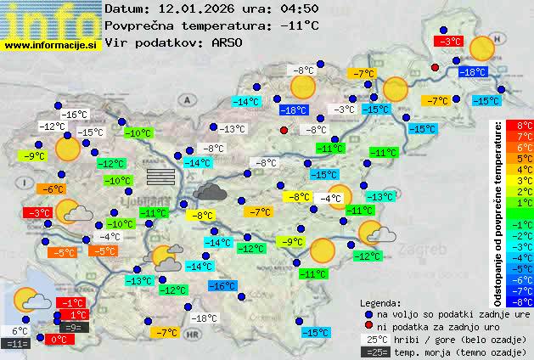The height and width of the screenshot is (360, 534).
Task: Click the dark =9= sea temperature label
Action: [74, 327]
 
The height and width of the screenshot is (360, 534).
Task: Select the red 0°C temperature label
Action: [58, 339]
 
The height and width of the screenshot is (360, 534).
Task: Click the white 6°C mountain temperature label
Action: [19, 331]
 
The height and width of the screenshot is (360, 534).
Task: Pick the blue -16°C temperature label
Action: [223, 286]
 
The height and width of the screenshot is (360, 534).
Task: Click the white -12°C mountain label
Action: [53, 127]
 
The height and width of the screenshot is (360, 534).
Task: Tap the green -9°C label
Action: [34, 156]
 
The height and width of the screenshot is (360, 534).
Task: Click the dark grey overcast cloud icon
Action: [209, 192]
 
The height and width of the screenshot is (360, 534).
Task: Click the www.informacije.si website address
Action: [51, 43]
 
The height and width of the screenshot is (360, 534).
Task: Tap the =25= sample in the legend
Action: [374, 352]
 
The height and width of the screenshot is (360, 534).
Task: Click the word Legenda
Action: [381, 302]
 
